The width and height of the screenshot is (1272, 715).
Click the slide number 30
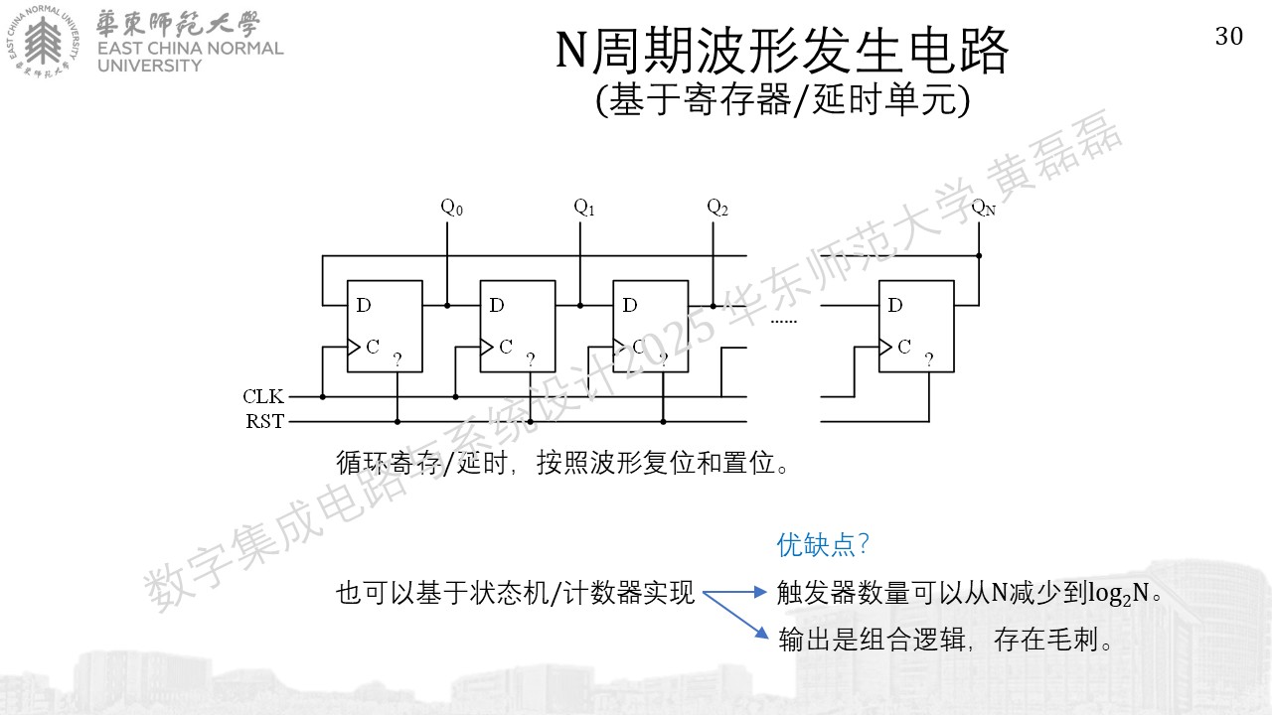click(1229, 37)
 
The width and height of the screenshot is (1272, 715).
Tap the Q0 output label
click(452, 208)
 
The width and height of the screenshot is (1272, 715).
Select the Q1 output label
click(584, 208)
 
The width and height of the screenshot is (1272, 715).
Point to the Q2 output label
click(717, 208)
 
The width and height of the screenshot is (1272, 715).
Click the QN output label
click(984, 208)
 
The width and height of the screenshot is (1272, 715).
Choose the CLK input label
click(263, 396)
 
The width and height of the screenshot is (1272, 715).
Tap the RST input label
click(264, 421)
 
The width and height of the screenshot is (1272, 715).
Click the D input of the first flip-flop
click(364, 305)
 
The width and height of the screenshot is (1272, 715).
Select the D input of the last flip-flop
click(895, 305)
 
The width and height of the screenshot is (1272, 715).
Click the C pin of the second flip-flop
click(506, 347)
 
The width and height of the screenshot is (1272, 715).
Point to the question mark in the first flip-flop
click(397, 359)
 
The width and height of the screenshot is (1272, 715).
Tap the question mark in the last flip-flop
click(929, 359)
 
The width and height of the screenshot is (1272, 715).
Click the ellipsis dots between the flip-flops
click(784, 322)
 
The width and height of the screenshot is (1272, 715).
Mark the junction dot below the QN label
click(979, 256)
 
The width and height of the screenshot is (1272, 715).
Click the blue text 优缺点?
click(823, 545)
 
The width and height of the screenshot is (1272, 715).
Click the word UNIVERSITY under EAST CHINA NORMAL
click(149, 66)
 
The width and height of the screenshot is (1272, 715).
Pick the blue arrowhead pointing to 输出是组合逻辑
click(762, 633)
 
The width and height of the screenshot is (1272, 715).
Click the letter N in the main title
click(570, 50)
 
